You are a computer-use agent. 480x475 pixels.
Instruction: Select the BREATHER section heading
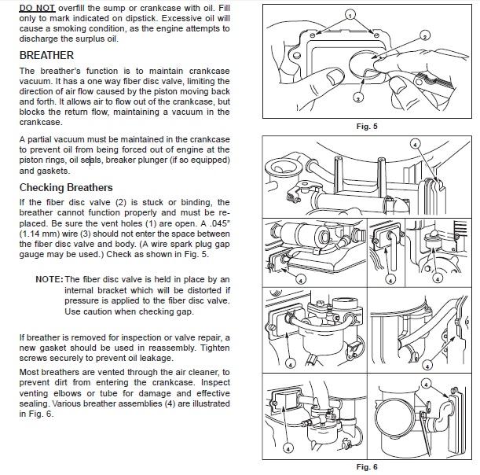[47, 56]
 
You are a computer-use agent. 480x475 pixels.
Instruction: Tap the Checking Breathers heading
[66, 187]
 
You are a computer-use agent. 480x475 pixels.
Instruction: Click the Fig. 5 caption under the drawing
[366, 126]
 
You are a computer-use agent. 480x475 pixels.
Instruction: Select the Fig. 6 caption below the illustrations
[366, 466]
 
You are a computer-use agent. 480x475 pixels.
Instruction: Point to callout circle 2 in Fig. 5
[425, 36]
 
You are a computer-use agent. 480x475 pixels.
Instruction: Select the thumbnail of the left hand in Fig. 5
[335, 75]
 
